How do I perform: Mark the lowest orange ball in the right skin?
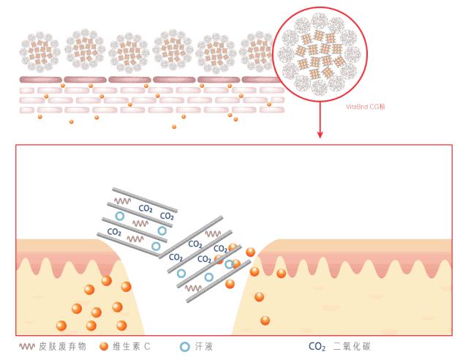click(x=265, y=320)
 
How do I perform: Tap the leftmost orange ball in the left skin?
click(x=61, y=325)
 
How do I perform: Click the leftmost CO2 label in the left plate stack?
click(x=114, y=231)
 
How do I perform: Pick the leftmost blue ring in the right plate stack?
click(x=183, y=271)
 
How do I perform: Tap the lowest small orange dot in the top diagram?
click(x=174, y=127)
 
